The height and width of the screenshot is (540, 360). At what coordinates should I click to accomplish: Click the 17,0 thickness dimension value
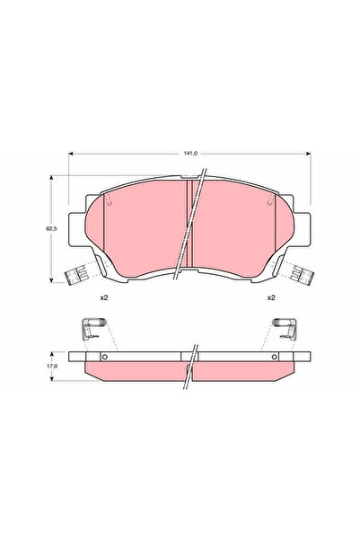[53, 366]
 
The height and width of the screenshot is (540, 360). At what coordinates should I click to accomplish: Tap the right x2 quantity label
[269, 297]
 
